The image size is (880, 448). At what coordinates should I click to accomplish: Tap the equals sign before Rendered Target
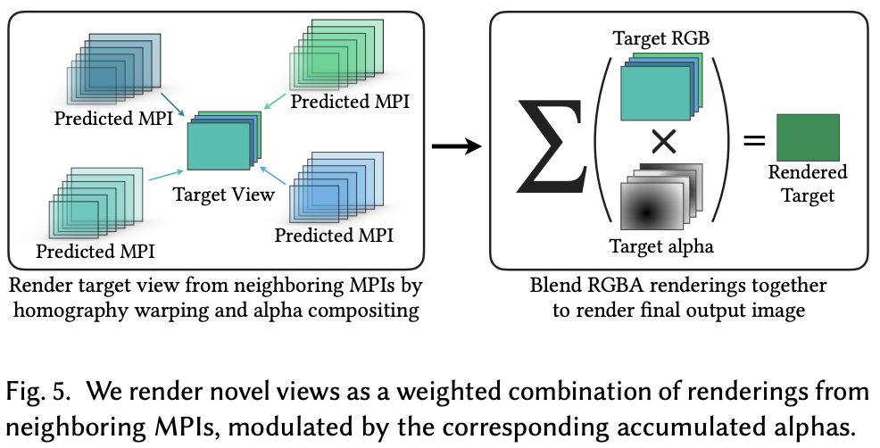pyautogui.click(x=754, y=140)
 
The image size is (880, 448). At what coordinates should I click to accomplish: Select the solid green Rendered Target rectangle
pyautogui.click(x=808, y=137)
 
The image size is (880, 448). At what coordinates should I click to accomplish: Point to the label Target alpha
pyautogui.click(x=662, y=245)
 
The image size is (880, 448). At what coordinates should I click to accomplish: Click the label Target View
pyautogui.click(x=223, y=194)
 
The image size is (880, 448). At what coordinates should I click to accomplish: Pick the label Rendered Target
pyautogui.click(x=808, y=182)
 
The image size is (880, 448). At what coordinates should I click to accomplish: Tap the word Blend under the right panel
pyautogui.click(x=552, y=286)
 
